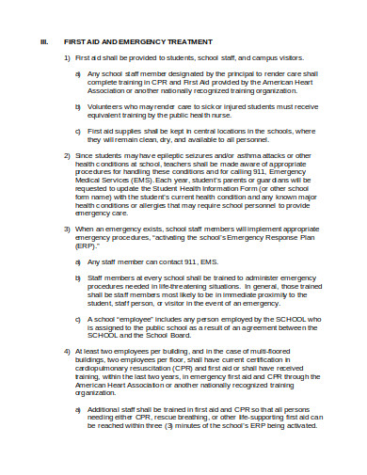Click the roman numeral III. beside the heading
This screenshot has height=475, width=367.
tap(42, 41)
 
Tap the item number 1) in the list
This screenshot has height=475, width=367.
tap(66, 57)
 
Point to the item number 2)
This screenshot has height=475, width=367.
tap(66, 153)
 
